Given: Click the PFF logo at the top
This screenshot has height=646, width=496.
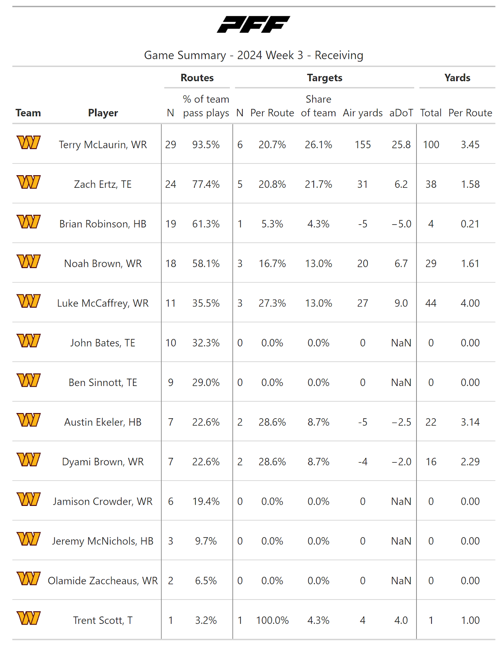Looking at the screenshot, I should pos(253,24).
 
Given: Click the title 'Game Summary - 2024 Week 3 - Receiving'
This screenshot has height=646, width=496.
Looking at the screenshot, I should pos(254,55).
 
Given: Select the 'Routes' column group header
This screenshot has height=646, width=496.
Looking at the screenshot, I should pos(197,78).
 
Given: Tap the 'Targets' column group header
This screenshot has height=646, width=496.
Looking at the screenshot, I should pos(324,78).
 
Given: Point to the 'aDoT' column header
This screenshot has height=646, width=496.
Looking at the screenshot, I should pos(401,113).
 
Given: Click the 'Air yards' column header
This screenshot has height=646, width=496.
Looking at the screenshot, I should pos(363,113).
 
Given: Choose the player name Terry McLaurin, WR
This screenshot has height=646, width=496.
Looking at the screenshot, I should pos(103,145).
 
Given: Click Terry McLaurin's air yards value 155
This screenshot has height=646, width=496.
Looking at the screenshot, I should pos(363,145).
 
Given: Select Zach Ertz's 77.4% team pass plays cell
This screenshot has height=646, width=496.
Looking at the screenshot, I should pos(206,185).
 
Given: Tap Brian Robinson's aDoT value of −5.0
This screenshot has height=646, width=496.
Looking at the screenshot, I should pos(401,224).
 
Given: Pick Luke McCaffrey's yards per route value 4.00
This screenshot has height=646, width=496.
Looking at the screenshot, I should pos(470,303).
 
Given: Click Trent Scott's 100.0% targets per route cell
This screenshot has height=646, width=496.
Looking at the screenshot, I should pos(272,621).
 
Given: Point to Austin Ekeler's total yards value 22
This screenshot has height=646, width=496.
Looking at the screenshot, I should pos(431,422).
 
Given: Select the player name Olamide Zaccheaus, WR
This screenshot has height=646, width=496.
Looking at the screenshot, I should pos(103,581).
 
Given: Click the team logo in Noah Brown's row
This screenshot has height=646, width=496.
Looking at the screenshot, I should pos(29,262).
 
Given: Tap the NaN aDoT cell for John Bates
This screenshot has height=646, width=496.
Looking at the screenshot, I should pos(401,343).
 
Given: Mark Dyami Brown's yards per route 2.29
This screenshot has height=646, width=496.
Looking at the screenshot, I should pos(470,462).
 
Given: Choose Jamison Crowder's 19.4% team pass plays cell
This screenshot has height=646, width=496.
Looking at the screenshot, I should pos(206,501).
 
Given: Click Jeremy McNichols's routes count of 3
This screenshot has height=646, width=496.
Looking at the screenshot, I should pos(171,541).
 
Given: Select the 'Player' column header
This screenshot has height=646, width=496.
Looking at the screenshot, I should pos(103,113).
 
